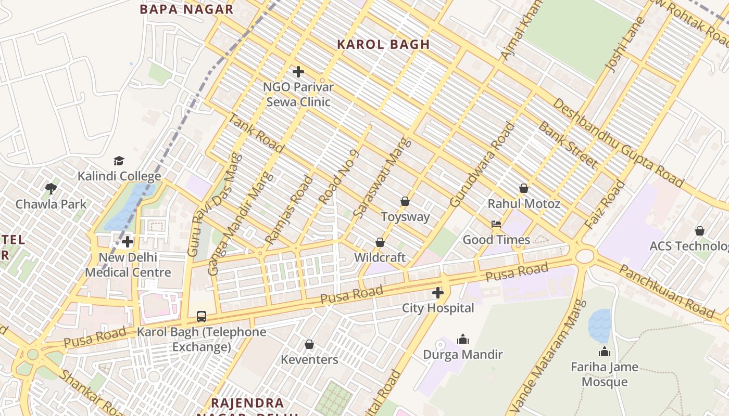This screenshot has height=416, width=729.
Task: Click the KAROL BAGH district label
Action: (x=383, y=44)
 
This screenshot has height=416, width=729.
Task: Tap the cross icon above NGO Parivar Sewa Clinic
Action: (x=298, y=72)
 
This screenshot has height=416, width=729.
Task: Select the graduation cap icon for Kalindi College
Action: (x=119, y=161)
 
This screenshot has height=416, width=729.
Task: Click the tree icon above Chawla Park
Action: (x=51, y=188)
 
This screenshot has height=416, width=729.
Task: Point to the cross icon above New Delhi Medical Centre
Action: (x=128, y=242)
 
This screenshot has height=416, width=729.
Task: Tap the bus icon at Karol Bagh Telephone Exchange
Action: (x=202, y=316)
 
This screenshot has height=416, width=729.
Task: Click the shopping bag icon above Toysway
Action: (x=405, y=201)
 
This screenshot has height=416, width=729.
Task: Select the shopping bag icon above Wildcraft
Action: (x=380, y=242)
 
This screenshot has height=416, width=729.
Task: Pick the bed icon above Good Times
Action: (x=496, y=224)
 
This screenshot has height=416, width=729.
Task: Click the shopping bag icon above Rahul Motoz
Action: (x=524, y=188)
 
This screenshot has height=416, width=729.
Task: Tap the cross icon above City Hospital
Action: (x=438, y=293)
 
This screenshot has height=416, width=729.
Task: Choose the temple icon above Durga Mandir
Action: (x=463, y=340)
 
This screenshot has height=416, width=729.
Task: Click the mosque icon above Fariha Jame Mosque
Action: (x=605, y=352)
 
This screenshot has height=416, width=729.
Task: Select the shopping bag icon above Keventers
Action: (x=309, y=344)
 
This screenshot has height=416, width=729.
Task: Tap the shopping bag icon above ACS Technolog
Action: (x=700, y=230)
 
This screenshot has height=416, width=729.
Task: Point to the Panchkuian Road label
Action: (x=667, y=291)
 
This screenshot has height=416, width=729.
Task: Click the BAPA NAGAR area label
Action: (x=186, y=9)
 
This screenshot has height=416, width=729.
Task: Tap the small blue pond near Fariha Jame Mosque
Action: (x=599, y=325)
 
